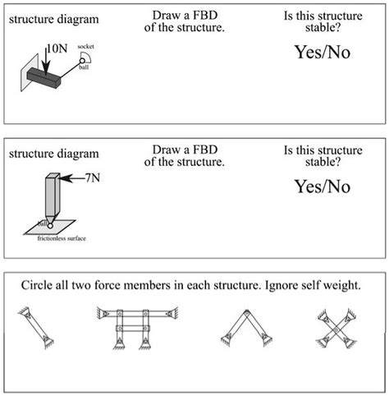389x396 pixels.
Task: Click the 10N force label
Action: [x=56, y=48]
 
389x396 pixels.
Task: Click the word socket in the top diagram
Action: [x=85, y=48]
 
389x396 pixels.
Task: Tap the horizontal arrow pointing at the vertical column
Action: [x=71, y=177]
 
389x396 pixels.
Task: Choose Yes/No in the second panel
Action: [x=322, y=186]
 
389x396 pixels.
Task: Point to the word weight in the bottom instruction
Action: [x=342, y=284]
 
